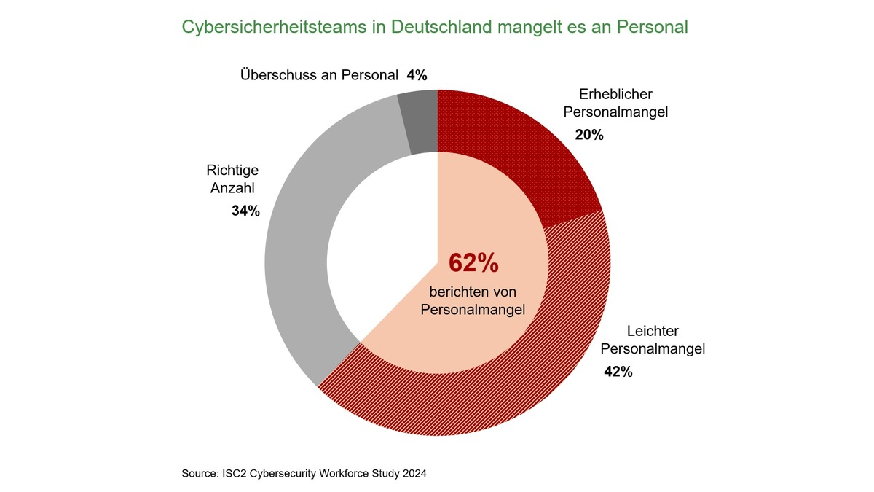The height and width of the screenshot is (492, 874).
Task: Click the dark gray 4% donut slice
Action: coord(420,122)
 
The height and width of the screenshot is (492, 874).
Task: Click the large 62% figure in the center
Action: coord(473,263)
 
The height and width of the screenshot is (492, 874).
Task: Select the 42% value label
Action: coord(618,372)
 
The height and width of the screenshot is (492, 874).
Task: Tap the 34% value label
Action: coord(245,211)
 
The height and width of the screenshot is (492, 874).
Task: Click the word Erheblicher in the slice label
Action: coord(616,94)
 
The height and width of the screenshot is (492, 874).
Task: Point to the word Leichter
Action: coord(630,330)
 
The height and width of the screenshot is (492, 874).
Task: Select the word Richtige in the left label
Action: coord(232,170)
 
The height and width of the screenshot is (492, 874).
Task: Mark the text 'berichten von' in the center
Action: coord(473,292)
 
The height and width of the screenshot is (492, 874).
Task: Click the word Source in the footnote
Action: coord(197,474)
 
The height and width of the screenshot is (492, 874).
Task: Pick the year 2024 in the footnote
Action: coord(413,474)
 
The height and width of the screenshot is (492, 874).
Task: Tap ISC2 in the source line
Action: coord(230,474)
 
